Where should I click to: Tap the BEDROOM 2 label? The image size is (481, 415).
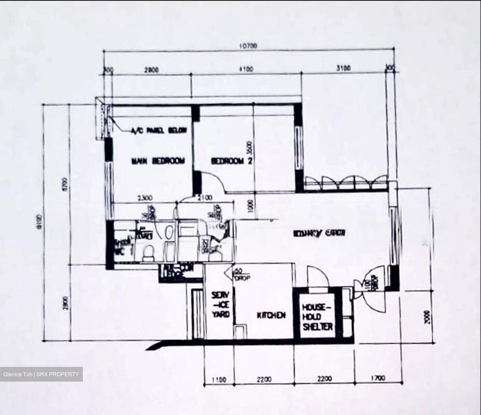(232, 161)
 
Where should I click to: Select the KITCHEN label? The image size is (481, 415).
(271, 315)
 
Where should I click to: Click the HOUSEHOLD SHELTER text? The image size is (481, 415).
(317, 316)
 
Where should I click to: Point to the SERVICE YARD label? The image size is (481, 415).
(221, 305)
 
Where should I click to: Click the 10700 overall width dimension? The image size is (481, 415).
(248, 46)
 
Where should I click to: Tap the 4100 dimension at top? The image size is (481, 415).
(246, 69)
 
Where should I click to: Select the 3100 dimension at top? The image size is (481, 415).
(344, 68)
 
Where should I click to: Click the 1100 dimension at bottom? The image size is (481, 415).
(219, 380)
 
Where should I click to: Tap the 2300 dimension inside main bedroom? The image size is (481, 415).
(144, 197)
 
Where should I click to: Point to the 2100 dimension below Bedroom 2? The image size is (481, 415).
(205, 198)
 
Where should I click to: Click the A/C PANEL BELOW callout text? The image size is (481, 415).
(159, 131)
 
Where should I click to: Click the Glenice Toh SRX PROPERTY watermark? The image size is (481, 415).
(41, 374)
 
